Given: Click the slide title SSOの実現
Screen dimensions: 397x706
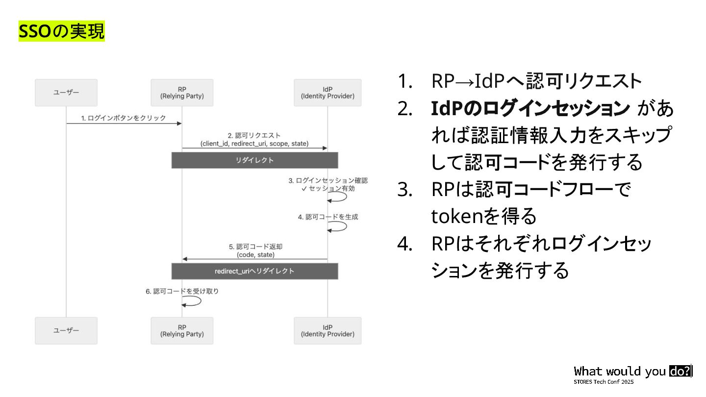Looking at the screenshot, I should tap(62, 31).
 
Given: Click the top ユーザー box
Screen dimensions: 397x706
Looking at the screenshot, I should tap(66, 93).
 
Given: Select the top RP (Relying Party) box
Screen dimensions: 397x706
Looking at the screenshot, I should tap(182, 93).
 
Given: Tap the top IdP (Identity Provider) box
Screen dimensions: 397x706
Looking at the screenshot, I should tap(328, 93).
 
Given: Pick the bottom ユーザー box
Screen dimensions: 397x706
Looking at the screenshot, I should tap(66, 330).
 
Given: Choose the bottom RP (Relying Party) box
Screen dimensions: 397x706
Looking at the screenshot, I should tap(182, 330).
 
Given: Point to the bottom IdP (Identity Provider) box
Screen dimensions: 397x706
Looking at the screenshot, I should tap(328, 330).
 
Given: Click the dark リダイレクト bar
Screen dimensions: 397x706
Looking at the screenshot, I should tap(254, 160).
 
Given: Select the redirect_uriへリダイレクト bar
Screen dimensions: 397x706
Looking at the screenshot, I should tap(254, 271).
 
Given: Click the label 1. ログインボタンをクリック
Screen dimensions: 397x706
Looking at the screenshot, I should tap(124, 118).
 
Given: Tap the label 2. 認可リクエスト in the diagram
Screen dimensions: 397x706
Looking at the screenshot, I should tap(254, 135).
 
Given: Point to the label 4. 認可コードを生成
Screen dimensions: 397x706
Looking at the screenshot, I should tap(328, 217).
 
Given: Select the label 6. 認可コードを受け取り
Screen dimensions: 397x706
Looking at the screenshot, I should tap(182, 291).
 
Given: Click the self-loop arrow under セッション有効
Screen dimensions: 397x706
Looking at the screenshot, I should tap(338, 197).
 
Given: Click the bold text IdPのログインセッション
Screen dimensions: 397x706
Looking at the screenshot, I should tap(530, 109).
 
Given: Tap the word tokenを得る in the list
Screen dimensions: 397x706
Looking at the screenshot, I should tap(483, 216).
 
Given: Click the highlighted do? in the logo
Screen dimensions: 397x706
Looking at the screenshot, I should tap(680, 371).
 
